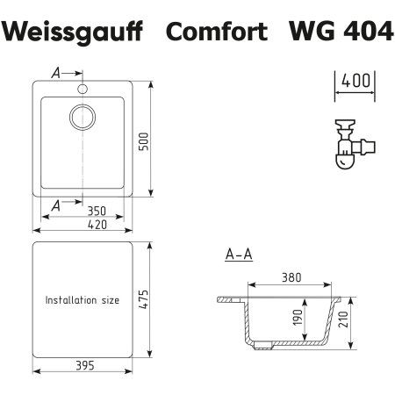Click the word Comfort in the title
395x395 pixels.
point(220,32)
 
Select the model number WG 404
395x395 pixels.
point(338,32)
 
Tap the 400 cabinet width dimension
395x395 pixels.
point(355,81)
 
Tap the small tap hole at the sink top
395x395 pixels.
point(84,89)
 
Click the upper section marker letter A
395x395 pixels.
point(56,74)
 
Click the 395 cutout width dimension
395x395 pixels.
point(84,365)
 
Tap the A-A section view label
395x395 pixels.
point(239,255)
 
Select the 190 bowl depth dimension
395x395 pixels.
point(300,319)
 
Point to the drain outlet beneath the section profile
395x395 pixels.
point(262,348)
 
